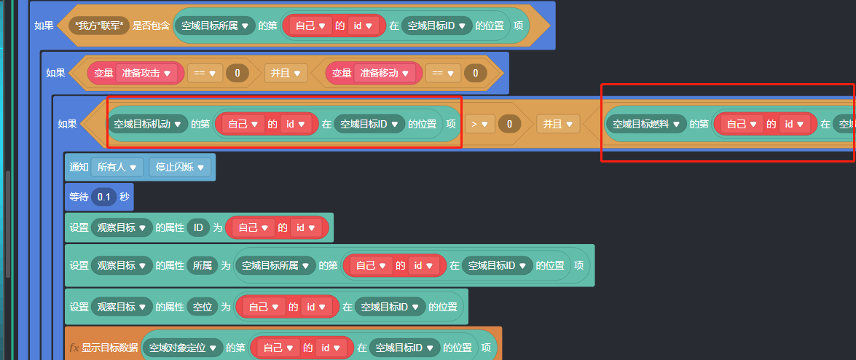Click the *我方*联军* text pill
[x=99, y=26]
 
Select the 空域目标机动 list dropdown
[x=147, y=124]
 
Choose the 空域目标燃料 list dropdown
[x=645, y=124]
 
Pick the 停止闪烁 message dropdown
[x=179, y=167]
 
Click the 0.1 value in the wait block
[x=104, y=197]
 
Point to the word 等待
[x=79, y=197]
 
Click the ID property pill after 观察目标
[x=198, y=227]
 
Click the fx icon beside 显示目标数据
[x=74, y=348]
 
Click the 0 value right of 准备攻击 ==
[x=237, y=73]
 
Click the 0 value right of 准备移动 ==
[x=475, y=73]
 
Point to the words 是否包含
[x=151, y=26]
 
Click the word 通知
[x=79, y=167]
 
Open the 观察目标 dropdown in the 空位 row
[x=122, y=307]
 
